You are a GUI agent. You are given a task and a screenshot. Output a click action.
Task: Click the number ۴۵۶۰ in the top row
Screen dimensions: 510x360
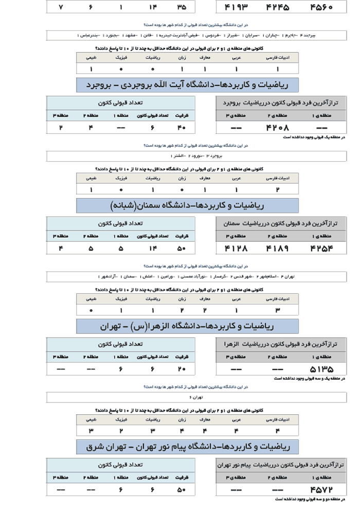322,8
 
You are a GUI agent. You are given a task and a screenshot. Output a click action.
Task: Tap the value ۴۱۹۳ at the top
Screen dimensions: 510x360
237,8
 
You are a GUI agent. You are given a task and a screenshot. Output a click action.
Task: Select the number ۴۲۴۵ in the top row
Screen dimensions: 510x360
278,8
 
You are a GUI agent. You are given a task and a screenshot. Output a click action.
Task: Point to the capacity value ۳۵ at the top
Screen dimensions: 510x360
182,8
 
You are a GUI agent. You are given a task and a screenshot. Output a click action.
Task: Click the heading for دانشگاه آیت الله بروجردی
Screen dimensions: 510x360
187,84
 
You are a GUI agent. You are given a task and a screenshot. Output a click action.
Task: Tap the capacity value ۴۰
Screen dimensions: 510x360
182,127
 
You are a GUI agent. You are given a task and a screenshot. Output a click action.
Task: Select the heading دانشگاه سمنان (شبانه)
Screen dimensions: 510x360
187,205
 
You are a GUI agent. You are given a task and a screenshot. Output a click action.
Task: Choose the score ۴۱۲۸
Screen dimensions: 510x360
237,248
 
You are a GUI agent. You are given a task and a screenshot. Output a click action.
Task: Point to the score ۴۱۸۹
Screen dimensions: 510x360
278,248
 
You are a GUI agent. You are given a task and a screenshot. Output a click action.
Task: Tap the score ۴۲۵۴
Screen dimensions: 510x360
322,248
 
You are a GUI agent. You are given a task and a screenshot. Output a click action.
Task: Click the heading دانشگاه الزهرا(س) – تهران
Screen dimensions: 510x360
187,326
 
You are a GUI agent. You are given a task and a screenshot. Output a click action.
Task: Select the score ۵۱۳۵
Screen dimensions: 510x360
322,369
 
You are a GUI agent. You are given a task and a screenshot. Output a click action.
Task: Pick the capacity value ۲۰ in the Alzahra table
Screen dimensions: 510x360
182,369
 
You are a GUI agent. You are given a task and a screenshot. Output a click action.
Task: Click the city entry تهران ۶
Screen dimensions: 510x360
187,397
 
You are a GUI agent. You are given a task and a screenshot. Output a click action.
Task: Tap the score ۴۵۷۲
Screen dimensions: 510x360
322,489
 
